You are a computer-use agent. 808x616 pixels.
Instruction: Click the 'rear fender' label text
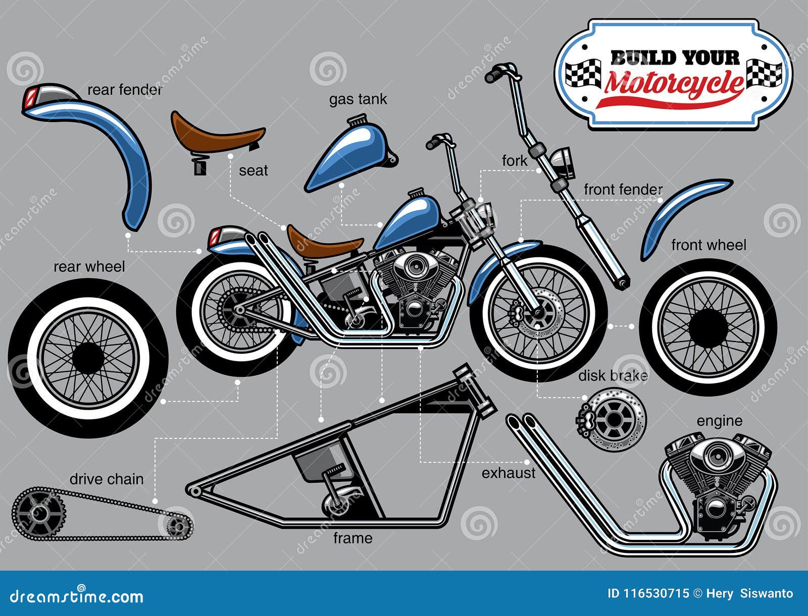pyautogui.click(x=125, y=90)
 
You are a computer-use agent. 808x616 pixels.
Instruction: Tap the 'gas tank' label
pyautogui.click(x=358, y=99)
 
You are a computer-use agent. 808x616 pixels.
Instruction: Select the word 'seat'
pyautogui.click(x=254, y=171)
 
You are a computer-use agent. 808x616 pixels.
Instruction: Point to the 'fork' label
pyautogui.click(x=514, y=160)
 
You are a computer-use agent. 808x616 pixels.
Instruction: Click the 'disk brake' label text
pyautogui.click(x=613, y=375)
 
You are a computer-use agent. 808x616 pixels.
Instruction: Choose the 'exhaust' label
pyautogui.click(x=509, y=473)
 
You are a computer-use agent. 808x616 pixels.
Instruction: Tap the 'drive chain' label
pyautogui.click(x=107, y=479)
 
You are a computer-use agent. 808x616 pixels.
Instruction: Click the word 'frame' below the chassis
pyautogui.click(x=352, y=538)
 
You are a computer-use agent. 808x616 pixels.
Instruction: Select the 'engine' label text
pyautogui.click(x=719, y=421)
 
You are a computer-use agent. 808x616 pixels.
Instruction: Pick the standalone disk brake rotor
pyautogui.click(x=611, y=420)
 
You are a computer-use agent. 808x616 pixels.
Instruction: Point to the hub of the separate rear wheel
pyautogui.click(x=88, y=359)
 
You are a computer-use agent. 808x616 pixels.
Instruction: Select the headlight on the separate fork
pyautogui.click(x=562, y=162)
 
